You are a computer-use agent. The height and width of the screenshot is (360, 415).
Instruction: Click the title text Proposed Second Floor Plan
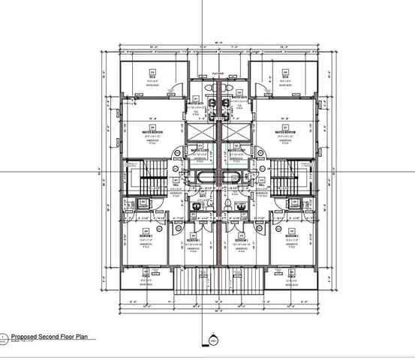(50, 337)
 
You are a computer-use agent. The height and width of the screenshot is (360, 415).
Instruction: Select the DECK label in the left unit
(151, 76)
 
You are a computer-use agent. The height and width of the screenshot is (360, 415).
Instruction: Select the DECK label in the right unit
(286, 76)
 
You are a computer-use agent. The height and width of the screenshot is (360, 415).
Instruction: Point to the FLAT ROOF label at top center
(218, 73)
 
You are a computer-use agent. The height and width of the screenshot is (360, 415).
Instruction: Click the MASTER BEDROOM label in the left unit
(152, 131)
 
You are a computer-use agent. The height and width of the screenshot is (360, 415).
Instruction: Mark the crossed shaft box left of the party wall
(201, 133)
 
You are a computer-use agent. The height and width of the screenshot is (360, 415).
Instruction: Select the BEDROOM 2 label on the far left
(146, 236)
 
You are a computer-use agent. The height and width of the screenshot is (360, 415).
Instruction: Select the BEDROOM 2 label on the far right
(291, 236)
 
